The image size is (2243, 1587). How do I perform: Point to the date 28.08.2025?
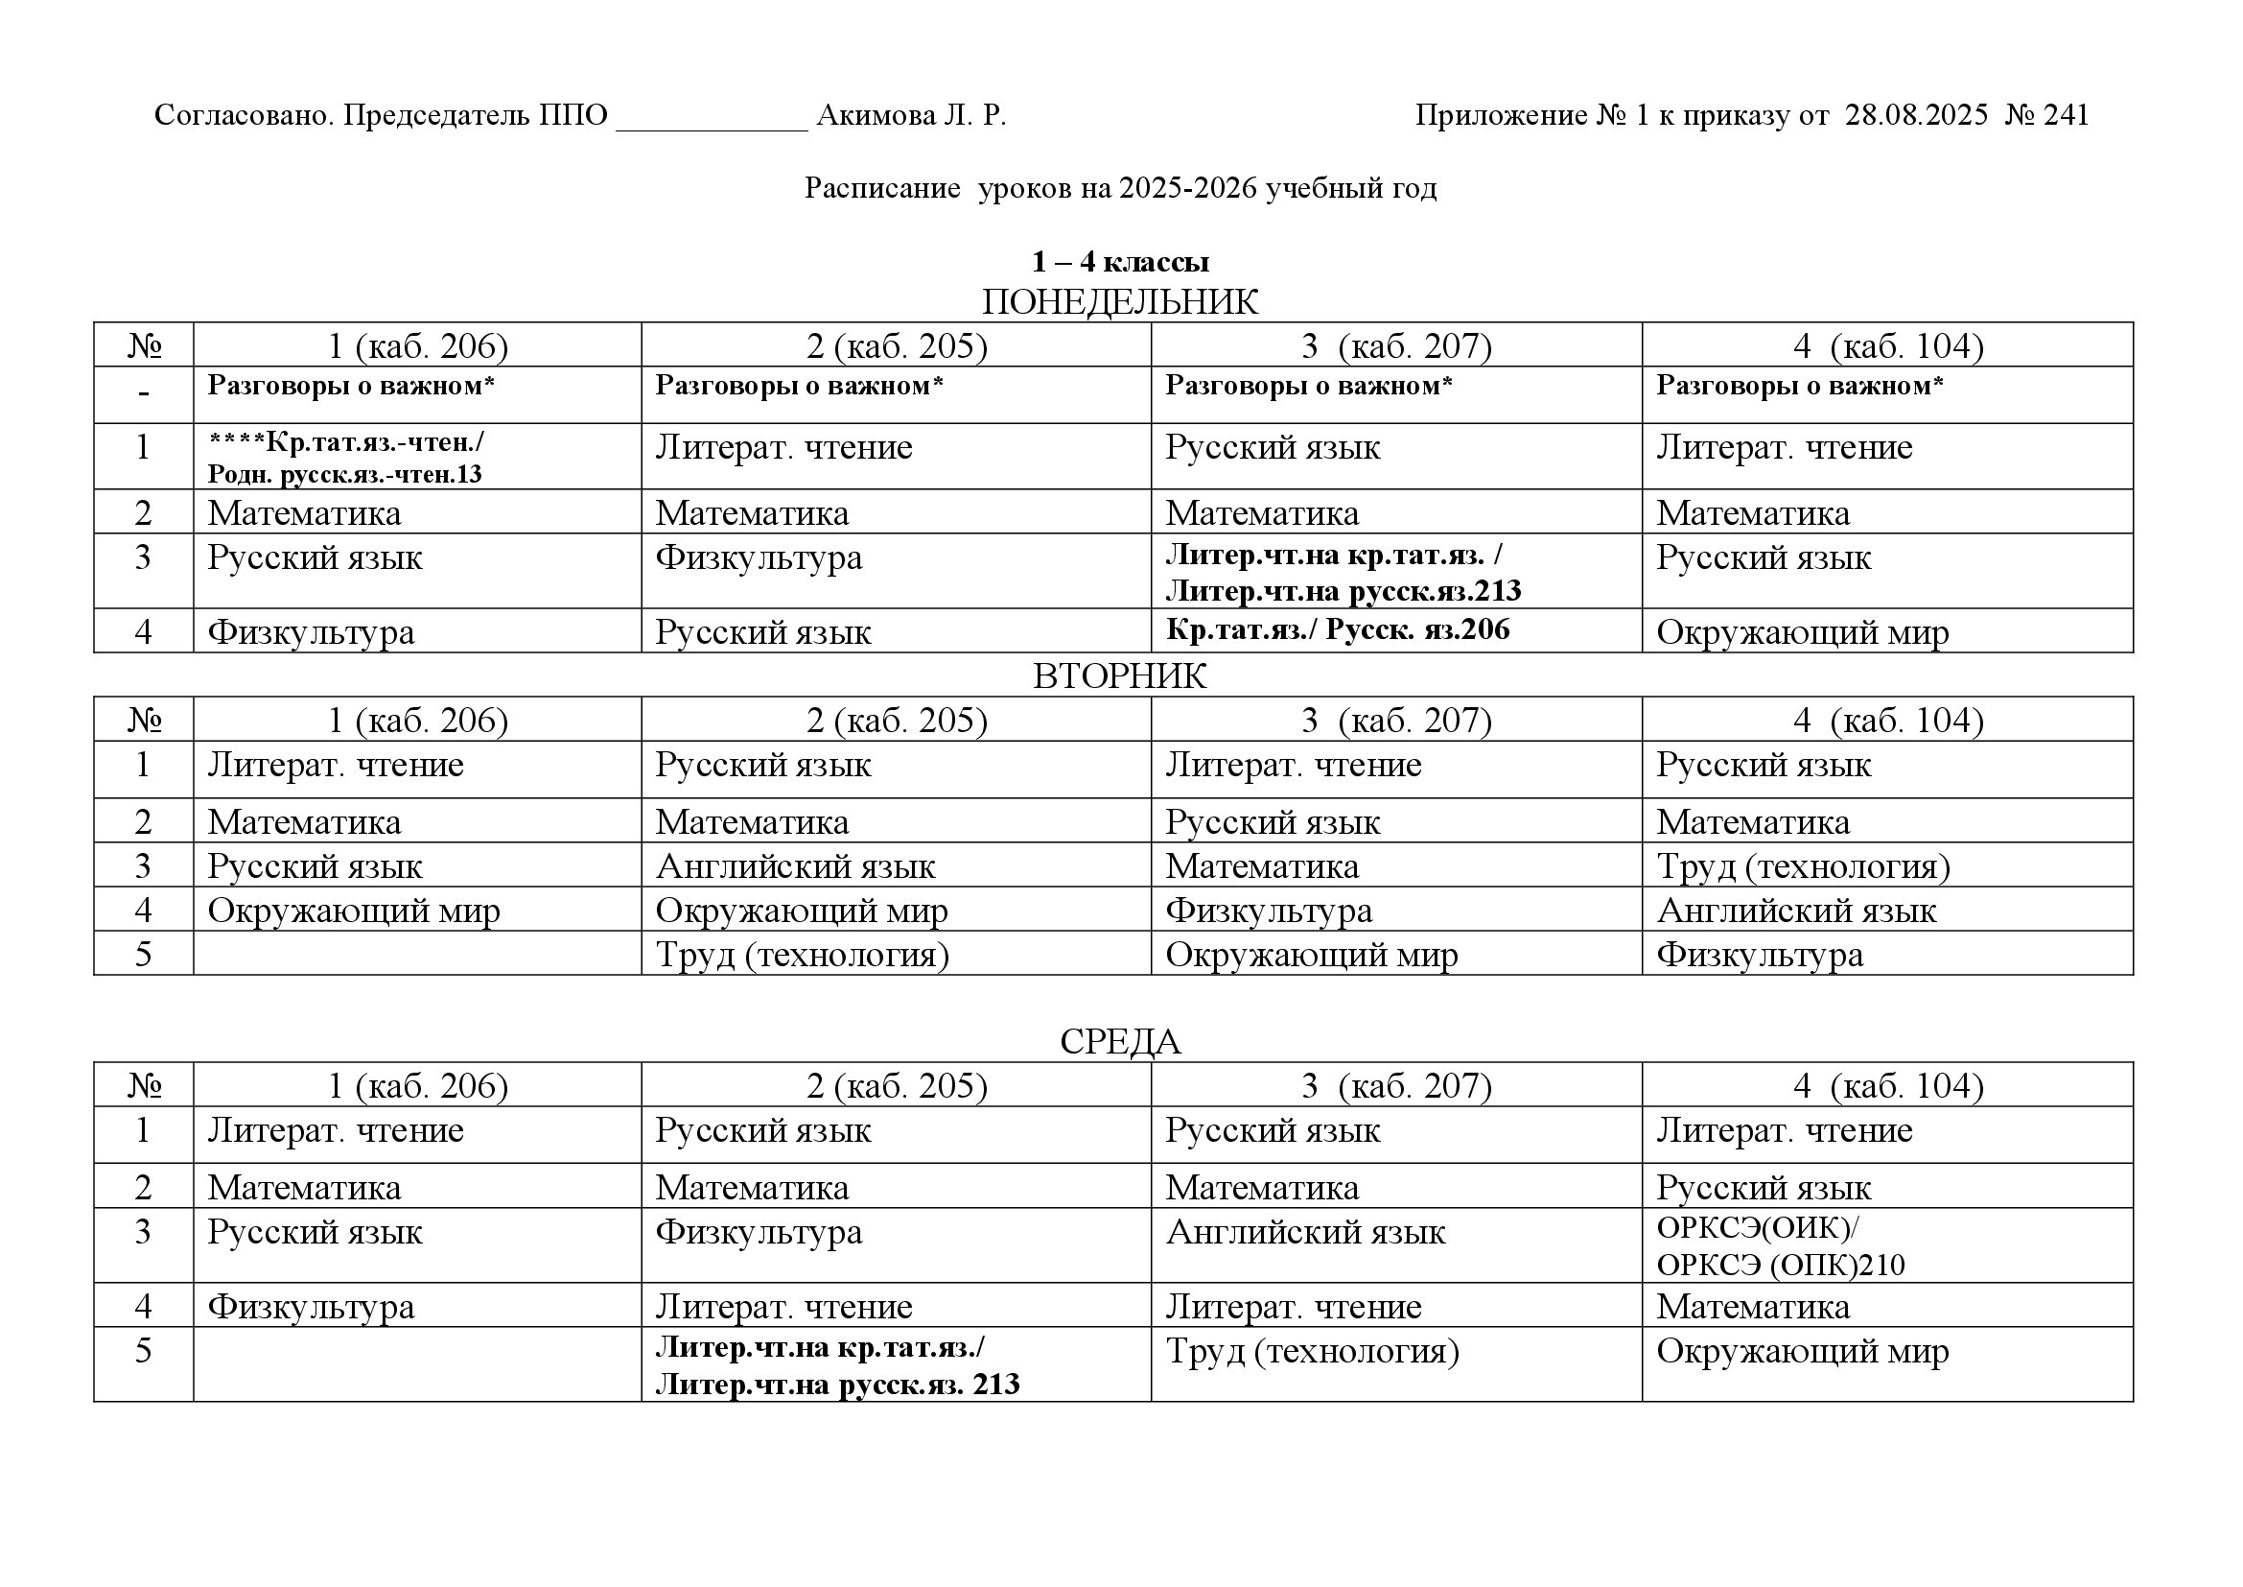[1916, 116]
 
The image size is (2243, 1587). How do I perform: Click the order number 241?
[2066, 116]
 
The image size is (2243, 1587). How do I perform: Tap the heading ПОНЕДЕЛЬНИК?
[1119, 302]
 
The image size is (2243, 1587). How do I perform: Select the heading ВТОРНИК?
[1119, 676]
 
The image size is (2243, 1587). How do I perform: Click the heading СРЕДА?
[1119, 1042]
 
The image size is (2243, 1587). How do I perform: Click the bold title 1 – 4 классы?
[1119, 262]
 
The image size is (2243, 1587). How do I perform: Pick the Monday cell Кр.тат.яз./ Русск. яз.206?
[1338, 630]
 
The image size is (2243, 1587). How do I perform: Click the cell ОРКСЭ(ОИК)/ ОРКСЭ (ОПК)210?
[1780, 1246]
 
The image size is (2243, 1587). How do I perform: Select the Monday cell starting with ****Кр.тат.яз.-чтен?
[346, 458]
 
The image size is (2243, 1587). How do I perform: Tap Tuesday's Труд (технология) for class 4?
[1803, 866]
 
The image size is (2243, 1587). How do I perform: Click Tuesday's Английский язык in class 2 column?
[794, 866]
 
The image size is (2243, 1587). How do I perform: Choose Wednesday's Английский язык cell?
[1304, 1232]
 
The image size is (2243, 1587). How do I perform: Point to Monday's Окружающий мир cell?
[1802, 632]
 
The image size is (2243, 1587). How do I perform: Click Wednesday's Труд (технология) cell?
[1311, 1352]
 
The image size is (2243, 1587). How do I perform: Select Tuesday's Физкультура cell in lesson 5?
[1759, 955]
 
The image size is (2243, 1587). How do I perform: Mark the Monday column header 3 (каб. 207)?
[1396, 346]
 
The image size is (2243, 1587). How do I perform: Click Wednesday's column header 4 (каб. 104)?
[1887, 1086]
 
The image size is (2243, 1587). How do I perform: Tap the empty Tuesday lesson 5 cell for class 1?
[417, 954]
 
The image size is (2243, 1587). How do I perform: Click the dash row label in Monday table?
[144, 394]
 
